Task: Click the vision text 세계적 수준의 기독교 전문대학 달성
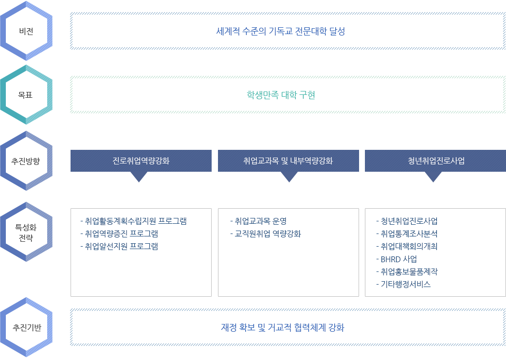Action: click(281, 32)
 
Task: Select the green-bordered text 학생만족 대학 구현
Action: click(281, 95)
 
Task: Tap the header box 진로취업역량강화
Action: click(141, 161)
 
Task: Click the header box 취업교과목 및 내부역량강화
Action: click(288, 161)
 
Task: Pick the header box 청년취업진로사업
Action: click(436, 161)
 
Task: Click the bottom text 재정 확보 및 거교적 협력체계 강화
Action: click(282, 327)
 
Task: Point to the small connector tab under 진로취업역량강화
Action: click(139, 178)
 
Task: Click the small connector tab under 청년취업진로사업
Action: click(433, 178)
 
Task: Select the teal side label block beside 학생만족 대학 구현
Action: click(26, 95)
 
